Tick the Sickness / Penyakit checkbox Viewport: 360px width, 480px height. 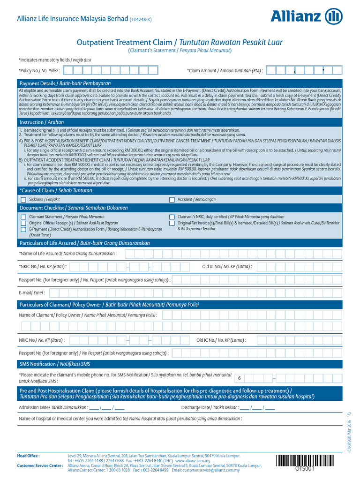pyautogui.click(x=23, y=200)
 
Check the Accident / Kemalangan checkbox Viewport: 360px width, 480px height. pyautogui.click(x=172, y=200)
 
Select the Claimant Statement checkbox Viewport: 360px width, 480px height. pyautogui.click(x=23, y=217)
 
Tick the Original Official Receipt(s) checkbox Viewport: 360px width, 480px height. pyautogui.click(x=23, y=223)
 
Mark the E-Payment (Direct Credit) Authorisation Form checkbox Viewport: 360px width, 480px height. pyautogui.click(x=23, y=229)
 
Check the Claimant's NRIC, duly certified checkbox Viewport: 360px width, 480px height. pyautogui.click(x=172, y=217)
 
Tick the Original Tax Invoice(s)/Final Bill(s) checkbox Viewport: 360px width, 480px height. pyautogui.click(x=172, y=223)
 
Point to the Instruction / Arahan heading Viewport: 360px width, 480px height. pyautogui.click(x=41, y=121)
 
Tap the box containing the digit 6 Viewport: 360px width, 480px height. pyautogui.click(x=240, y=378)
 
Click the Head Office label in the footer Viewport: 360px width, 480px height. pyautogui.click(x=28, y=455)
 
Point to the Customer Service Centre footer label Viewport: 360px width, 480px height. pyautogui.click(x=40, y=465)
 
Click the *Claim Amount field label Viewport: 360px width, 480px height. pyautogui.click(x=225, y=71)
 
